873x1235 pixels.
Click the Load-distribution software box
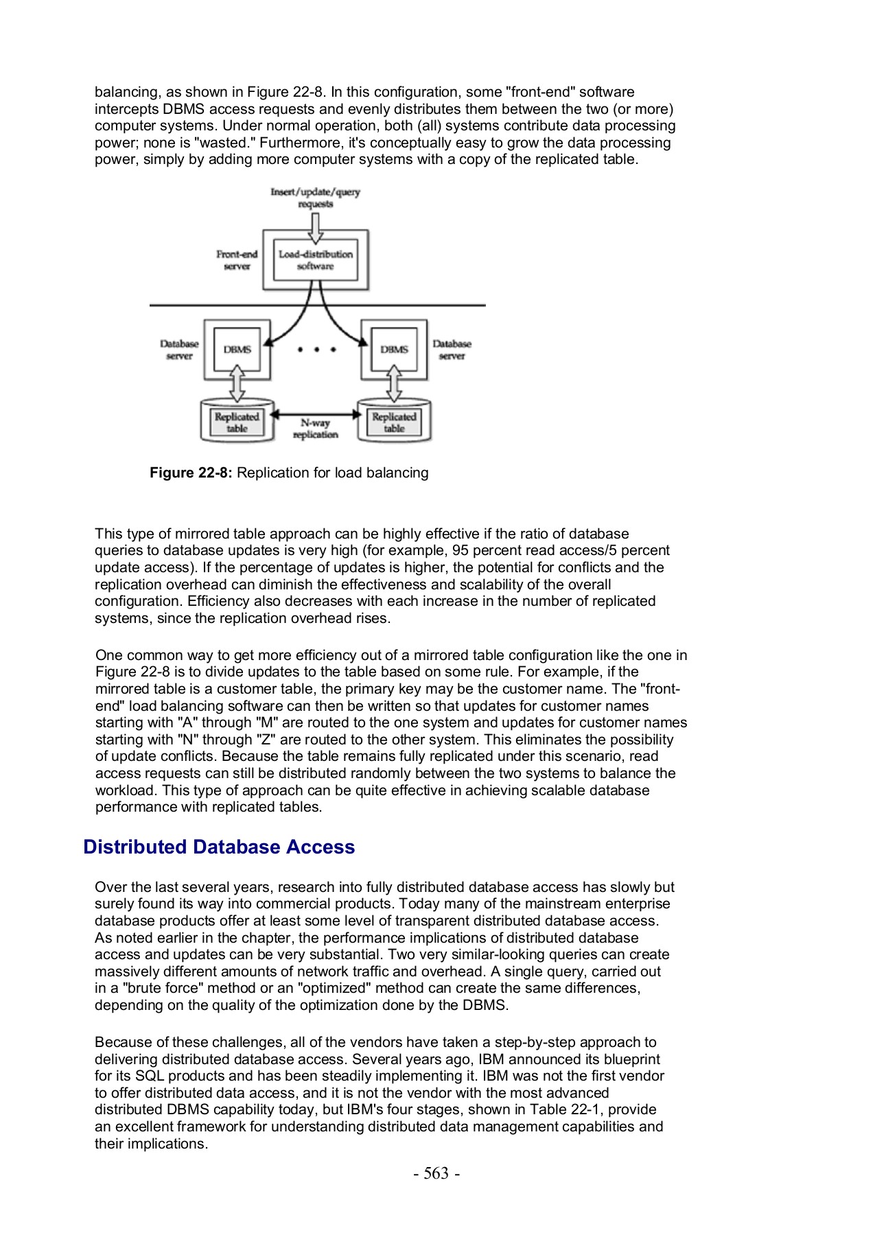point(315,260)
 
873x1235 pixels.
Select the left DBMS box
point(237,349)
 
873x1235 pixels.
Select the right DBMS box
point(394,349)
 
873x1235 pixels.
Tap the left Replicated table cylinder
point(237,422)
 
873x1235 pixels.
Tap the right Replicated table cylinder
point(394,422)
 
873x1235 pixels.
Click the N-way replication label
point(315,429)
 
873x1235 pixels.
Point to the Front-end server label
point(237,260)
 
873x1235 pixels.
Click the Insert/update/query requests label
point(315,198)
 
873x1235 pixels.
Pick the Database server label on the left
point(179,349)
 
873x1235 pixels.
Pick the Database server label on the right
point(452,349)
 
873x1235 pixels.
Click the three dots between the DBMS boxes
point(316,350)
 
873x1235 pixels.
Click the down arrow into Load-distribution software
point(315,227)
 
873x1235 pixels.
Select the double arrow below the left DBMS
point(237,384)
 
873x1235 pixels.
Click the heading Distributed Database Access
point(219,847)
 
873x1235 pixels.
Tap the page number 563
point(436,1173)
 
